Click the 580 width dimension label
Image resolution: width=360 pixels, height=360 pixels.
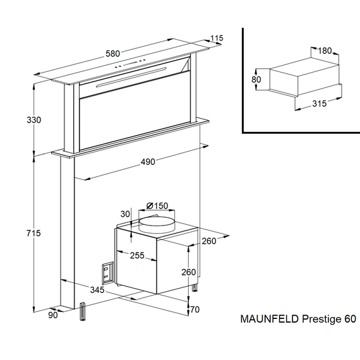[112, 54]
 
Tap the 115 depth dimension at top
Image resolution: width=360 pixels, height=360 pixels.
[217, 38]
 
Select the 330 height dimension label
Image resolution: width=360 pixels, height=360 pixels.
[33, 120]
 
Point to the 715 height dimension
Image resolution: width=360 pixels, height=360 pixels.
[33, 233]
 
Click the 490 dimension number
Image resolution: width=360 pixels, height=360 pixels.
[148, 162]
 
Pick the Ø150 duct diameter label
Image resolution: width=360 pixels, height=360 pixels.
[157, 206]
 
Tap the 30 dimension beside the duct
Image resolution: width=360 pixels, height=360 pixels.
[125, 214]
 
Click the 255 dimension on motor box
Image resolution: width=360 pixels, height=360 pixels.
[137, 256]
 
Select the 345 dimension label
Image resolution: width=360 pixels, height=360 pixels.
[97, 290]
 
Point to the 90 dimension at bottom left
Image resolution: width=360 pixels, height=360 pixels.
[53, 315]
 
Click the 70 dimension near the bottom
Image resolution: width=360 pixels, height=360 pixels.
[195, 309]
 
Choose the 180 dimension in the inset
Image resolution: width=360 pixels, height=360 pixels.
[325, 51]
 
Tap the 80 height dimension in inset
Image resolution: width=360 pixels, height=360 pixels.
[256, 80]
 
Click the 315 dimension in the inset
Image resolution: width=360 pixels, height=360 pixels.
[319, 104]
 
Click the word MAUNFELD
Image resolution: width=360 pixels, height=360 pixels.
[270, 319]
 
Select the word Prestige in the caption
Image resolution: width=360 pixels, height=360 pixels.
[321, 320]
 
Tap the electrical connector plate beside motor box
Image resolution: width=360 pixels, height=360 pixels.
[107, 272]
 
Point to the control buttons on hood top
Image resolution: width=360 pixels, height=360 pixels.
[129, 63]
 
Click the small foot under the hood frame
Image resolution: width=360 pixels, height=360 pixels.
[83, 311]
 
